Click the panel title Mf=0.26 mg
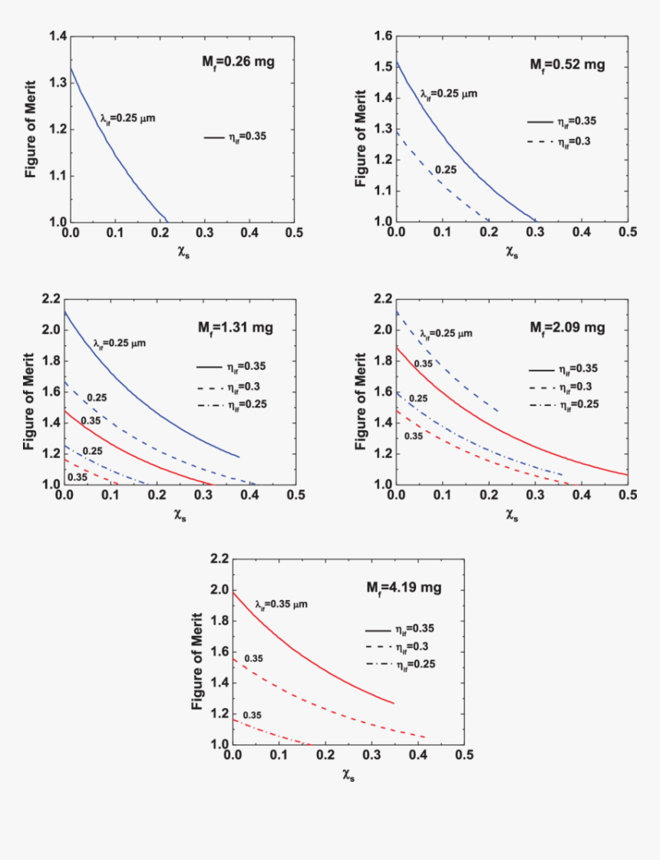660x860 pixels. pyautogui.click(x=239, y=64)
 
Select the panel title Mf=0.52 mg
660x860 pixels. pyautogui.click(x=567, y=65)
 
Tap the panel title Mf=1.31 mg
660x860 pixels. pyautogui.click(x=236, y=328)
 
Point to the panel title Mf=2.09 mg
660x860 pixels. pyautogui.click(x=567, y=328)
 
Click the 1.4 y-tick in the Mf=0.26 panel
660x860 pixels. pyautogui.click(x=58, y=36)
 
